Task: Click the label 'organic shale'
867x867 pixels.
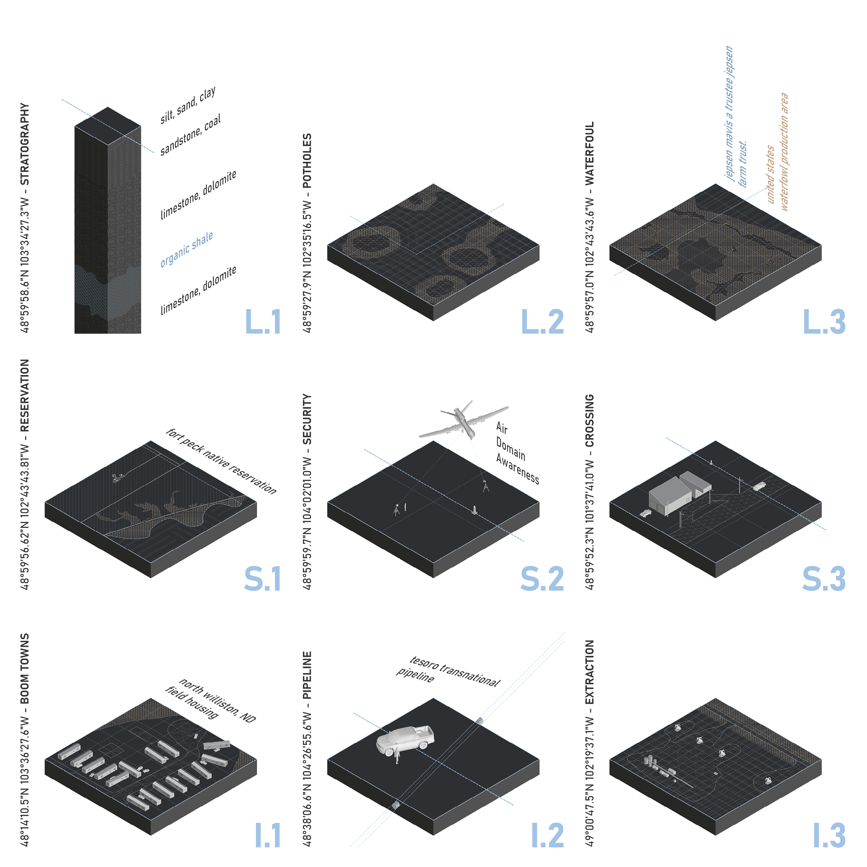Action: click(x=187, y=249)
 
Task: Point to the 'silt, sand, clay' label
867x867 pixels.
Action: click(x=188, y=105)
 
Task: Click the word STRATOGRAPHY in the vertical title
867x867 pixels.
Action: click(x=25, y=144)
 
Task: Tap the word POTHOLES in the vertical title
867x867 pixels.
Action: click(x=307, y=161)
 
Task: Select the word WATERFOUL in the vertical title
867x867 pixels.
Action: click(x=589, y=153)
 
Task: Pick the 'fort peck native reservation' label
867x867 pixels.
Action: click(x=221, y=461)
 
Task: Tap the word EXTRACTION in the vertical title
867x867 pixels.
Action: click(x=589, y=672)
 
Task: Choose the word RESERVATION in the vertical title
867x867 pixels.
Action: click(x=25, y=395)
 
